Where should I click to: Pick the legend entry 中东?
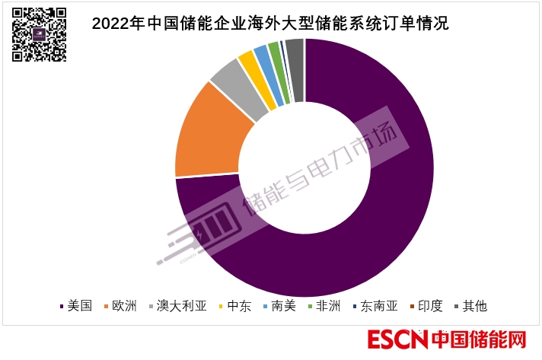click(x=238, y=306)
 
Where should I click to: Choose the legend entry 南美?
click(x=282, y=306)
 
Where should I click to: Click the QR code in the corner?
click(x=38, y=34)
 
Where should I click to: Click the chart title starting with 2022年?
click(x=270, y=23)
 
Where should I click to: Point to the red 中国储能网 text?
click(x=479, y=339)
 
